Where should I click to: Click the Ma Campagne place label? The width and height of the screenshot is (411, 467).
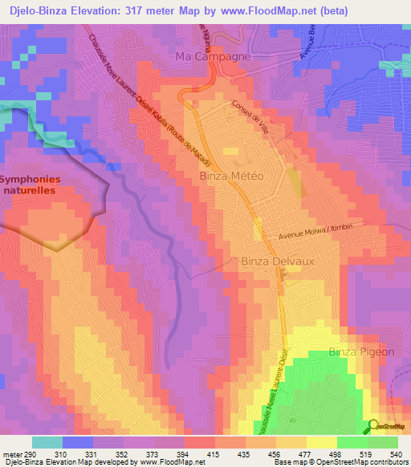tap(214, 57)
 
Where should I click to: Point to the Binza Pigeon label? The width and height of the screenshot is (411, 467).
tap(362, 351)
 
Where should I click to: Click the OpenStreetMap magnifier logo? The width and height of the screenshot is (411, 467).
tap(373, 427)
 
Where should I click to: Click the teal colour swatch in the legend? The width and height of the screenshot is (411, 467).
tap(47, 443)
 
